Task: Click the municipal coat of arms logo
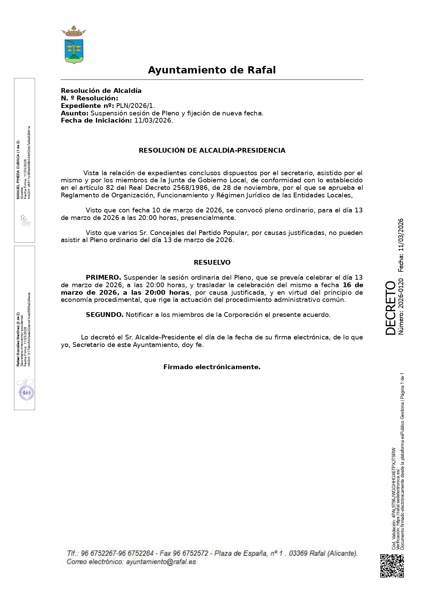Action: tap(73, 45)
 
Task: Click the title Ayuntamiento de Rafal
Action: tap(211, 70)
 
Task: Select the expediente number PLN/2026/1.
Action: tap(135, 106)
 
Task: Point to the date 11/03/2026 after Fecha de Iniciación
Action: tap(153, 121)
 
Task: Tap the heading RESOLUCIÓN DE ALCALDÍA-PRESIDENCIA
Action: tap(212, 150)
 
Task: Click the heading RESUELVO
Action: tap(212, 262)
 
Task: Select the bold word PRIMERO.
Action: tap(103, 277)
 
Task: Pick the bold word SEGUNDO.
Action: tap(105, 315)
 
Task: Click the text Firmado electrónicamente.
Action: tap(212, 367)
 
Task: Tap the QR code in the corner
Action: tap(392, 566)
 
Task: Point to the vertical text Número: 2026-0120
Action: tap(401, 306)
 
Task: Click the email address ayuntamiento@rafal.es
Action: tap(161, 562)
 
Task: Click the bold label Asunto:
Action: tap(74, 113)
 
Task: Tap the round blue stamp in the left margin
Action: tap(26, 393)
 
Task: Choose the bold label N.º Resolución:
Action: tap(89, 98)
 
